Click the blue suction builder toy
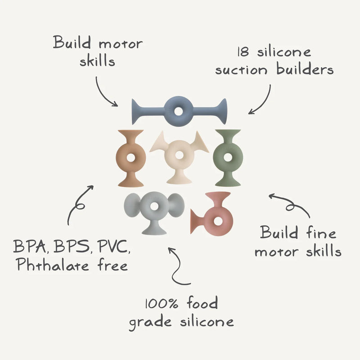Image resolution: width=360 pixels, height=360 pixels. pyautogui.click(x=148, y=110)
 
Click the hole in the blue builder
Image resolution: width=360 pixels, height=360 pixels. pyautogui.click(x=179, y=110)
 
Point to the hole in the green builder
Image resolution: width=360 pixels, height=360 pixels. pyautogui.click(x=229, y=158)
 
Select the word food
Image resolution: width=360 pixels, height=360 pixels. pyautogui.click(x=201, y=304)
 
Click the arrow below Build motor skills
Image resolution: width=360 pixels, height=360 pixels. pyautogui.click(x=105, y=92)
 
